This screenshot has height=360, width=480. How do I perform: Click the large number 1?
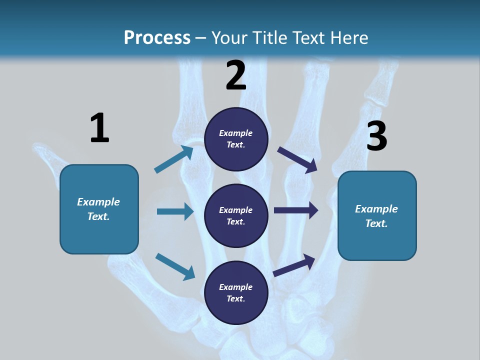[99, 128]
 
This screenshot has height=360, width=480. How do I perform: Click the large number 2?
[236, 75]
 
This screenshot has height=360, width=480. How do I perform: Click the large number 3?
[376, 136]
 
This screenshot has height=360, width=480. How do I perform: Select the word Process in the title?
[157, 37]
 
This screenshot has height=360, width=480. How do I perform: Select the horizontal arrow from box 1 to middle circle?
[175, 211]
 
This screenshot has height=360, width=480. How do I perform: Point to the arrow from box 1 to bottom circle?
[175, 266]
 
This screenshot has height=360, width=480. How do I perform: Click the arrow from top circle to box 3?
[297, 159]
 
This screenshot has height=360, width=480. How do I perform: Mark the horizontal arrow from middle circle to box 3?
[296, 210]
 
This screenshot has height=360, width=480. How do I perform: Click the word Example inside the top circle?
[235, 133]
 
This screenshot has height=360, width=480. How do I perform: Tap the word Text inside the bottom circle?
[235, 298]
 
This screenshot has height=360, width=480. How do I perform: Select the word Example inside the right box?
[376, 209]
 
